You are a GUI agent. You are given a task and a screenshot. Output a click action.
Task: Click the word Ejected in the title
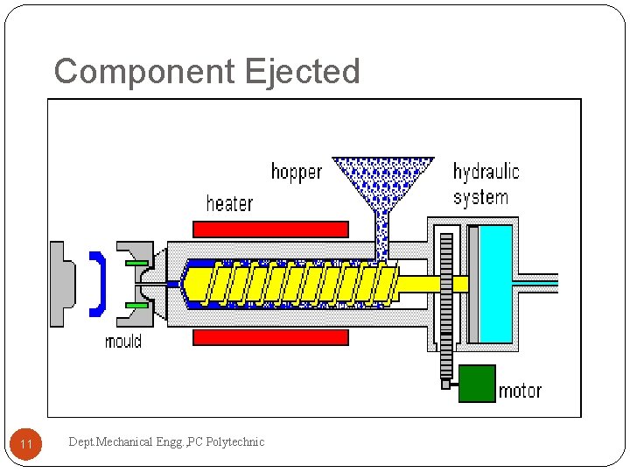point(303,71)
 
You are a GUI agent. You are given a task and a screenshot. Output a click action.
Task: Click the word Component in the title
point(145,71)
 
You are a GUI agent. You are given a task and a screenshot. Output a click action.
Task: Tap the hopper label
point(297,172)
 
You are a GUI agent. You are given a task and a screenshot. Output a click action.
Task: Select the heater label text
point(229,203)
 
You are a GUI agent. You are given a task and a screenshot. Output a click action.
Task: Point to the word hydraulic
point(486,172)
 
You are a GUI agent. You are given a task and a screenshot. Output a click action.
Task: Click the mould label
point(122,341)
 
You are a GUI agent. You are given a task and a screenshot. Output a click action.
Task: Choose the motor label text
point(520,391)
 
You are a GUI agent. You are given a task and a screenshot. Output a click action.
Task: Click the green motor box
point(477,384)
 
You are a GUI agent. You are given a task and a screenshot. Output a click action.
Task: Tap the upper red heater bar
point(270,229)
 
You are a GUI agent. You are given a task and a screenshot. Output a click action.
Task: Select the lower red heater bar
point(270,337)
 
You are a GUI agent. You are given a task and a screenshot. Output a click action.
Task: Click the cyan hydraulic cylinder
point(495,284)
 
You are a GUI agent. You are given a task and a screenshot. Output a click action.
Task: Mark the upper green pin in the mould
point(136,263)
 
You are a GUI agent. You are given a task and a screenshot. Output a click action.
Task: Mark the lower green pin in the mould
point(136,305)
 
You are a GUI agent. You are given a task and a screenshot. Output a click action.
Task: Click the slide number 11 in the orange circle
point(26,445)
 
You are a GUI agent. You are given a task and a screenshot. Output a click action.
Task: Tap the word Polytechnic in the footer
point(234,442)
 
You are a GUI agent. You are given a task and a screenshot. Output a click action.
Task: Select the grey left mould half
point(63,284)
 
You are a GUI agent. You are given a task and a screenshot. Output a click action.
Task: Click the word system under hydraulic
point(480,197)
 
